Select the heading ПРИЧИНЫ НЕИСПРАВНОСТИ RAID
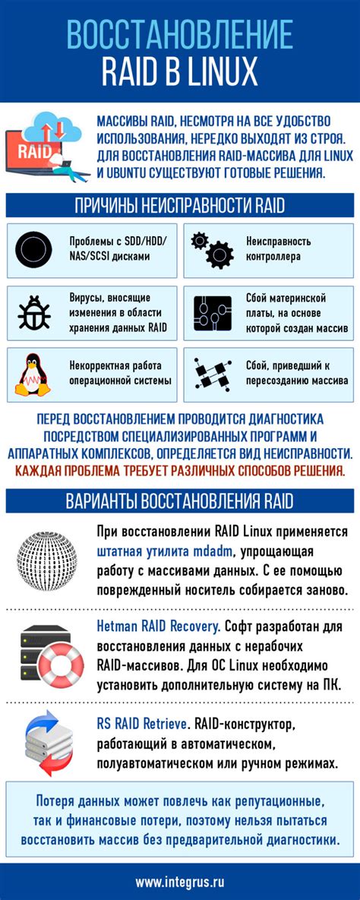coord(180,207)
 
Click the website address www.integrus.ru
coord(180,882)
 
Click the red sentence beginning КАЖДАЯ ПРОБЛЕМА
coord(180,470)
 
